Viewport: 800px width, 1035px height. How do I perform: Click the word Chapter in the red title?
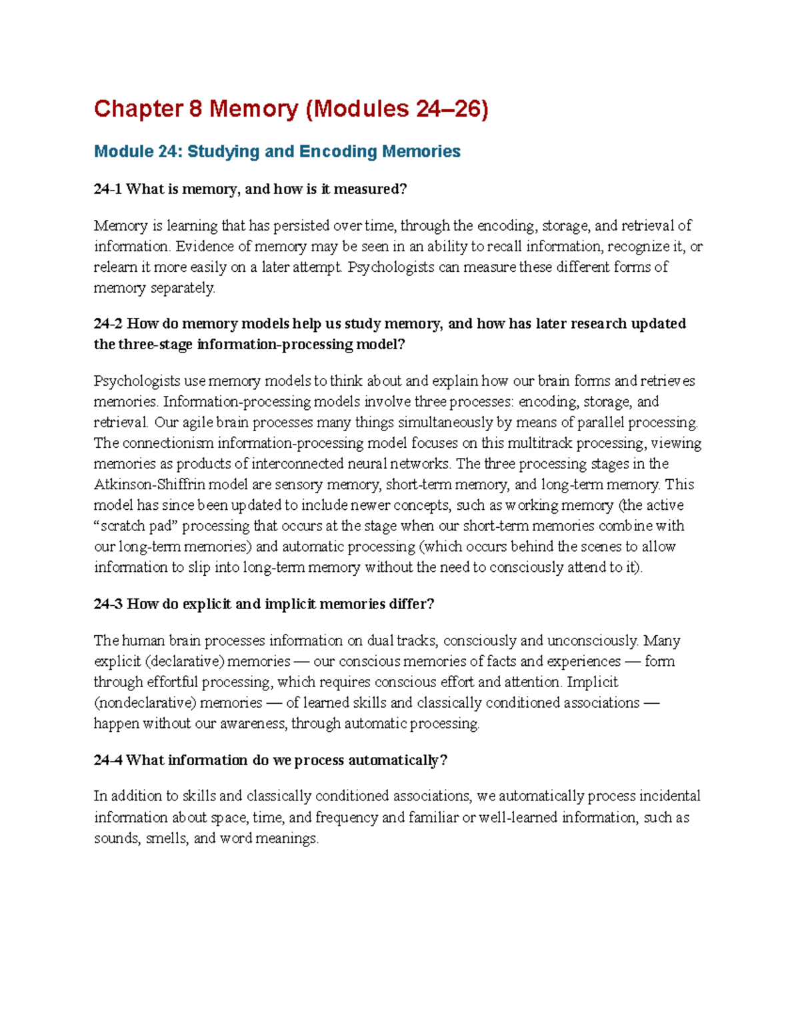click(x=138, y=109)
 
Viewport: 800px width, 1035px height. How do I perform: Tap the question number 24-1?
click(x=107, y=189)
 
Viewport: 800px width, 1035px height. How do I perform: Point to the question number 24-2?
click(x=107, y=324)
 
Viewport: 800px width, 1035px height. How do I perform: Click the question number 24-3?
click(x=107, y=604)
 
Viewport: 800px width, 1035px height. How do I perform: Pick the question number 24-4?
click(x=107, y=760)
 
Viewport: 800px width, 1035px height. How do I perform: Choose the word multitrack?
click(x=539, y=443)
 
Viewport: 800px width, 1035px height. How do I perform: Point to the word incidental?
click(x=669, y=796)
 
